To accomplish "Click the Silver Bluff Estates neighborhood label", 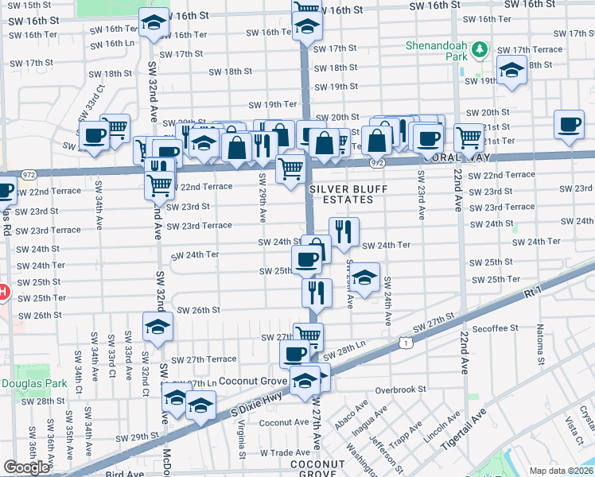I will pyautogui.click(x=340, y=194).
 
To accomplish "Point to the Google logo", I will pyautogui.click(x=26, y=467).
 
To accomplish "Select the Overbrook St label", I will pyautogui.click(x=401, y=390).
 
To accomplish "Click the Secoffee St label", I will pyautogui.click(x=493, y=327).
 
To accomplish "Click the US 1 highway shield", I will pyautogui.click(x=406, y=342).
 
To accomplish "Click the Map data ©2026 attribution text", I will pyautogui.click(x=561, y=471).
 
